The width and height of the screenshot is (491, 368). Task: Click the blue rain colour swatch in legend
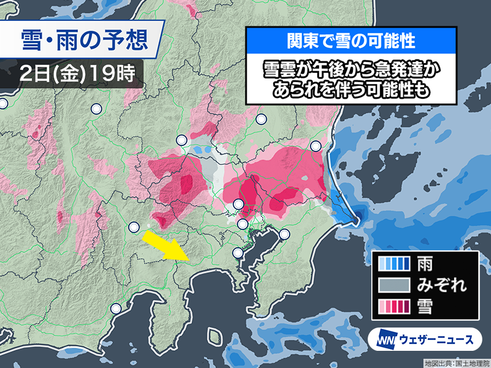click(394, 264)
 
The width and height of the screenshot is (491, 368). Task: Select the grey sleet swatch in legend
click(394, 284)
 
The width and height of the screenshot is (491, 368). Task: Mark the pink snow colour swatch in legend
click(394, 305)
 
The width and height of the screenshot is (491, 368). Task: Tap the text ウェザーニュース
click(437, 339)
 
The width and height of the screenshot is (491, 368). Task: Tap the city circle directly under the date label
click(96, 110)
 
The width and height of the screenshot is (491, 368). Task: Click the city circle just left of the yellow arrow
click(134, 228)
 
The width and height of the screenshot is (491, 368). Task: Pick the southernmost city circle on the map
click(116, 309)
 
